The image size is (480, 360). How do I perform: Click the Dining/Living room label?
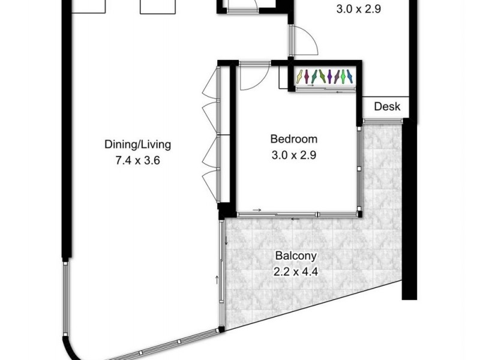coord(138,144)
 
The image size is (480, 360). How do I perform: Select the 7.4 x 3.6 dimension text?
coord(138,160)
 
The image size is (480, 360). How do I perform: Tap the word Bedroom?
coord(293,139)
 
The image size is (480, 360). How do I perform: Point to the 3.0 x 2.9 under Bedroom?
coord(293,154)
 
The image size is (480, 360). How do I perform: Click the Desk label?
coord(387,107)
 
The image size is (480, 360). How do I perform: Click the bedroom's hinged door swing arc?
coord(252,75)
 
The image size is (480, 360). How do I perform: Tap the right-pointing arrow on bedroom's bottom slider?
coord(257,210)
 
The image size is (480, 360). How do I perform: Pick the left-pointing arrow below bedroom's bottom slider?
coord(294,218)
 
